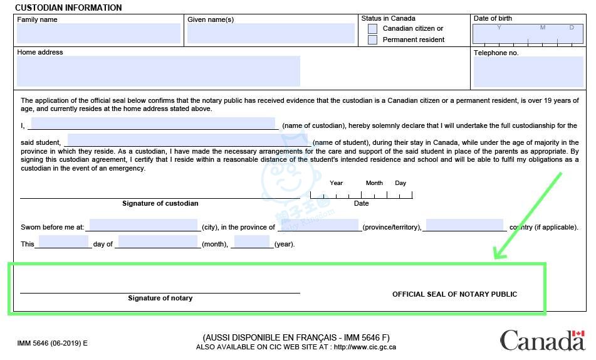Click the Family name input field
[98, 33]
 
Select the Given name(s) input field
[271, 33]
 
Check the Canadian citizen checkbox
[373, 29]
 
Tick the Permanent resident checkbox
[373, 40]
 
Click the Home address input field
[158, 71]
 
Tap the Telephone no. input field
[528, 71]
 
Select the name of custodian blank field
[153, 124]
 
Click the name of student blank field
[189, 140]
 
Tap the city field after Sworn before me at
[144, 225]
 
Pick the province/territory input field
[320, 225]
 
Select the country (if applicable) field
[464, 225]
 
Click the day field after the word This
[63, 242]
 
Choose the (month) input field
[158, 242]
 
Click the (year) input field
[252, 242]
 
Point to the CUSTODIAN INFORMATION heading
[68, 8]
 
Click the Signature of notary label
[160, 298]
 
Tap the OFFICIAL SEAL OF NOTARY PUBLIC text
[454, 294]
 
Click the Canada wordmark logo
[541, 341]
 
